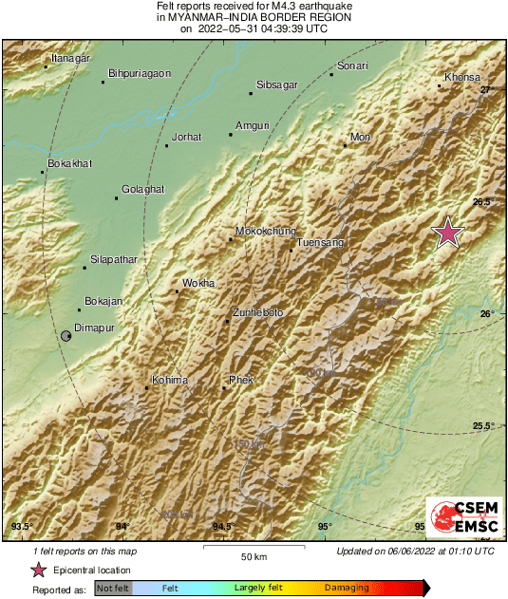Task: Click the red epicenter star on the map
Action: (x=447, y=233)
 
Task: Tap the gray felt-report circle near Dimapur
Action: (x=66, y=336)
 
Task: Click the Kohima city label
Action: (x=170, y=380)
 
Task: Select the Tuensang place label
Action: (x=319, y=243)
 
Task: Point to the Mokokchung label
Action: (x=265, y=231)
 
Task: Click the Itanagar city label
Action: (x=70, y=59)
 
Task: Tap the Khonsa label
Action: (x=462, y=77)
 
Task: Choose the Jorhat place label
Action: (x=185, y=137)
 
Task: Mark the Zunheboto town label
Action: (x=258, y=312)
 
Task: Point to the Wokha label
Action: (x=198, y=283)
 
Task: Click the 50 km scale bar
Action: (x=251, y=547)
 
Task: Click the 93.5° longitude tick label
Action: (x=21, y=526)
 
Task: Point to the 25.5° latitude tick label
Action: (x=483, y=425)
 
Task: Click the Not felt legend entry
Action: (x=112, y=589)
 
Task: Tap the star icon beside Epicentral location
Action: (x=38, y=570)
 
